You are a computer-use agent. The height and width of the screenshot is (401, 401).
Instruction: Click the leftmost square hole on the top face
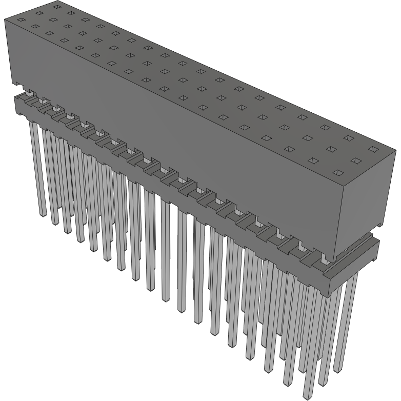point(21,20)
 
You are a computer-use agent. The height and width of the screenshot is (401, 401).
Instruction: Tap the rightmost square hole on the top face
point(374,149)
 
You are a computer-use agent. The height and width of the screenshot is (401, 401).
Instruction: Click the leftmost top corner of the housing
point(5,19)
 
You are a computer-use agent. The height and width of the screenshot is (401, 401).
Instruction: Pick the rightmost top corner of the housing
point(396,150)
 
